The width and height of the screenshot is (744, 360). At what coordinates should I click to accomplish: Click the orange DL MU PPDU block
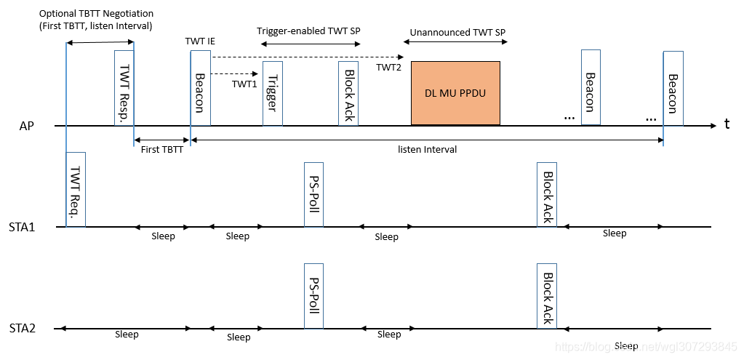click(x=455, y=93)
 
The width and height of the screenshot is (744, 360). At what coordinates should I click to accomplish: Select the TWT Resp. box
click(x=124, y=88)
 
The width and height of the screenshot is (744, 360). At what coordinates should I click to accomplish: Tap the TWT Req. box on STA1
click(x=76, y=189)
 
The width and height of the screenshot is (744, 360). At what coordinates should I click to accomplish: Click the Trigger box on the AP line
click(x=273, y=93)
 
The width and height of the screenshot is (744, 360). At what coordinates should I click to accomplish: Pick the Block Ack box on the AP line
click(x=348, y=93)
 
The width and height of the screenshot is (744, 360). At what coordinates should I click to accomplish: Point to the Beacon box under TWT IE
click(x=200, y=88)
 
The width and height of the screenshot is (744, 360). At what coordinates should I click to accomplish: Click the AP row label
click(x=27, y=127)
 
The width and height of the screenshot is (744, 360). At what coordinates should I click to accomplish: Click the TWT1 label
click(x=244, y=84)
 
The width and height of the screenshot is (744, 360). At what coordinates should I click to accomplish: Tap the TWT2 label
click(x=388, y=67)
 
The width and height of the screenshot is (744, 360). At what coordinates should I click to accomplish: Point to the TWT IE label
click(x=200, y=41)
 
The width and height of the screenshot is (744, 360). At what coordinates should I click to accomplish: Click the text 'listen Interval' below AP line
click(x=427, y=149)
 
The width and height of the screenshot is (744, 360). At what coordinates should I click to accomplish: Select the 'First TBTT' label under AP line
click(x=161, y=149)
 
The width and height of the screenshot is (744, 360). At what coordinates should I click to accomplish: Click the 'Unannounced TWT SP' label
click(x=457, y=33)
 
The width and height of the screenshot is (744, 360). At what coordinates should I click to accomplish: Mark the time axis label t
click(x=727, y=124)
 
